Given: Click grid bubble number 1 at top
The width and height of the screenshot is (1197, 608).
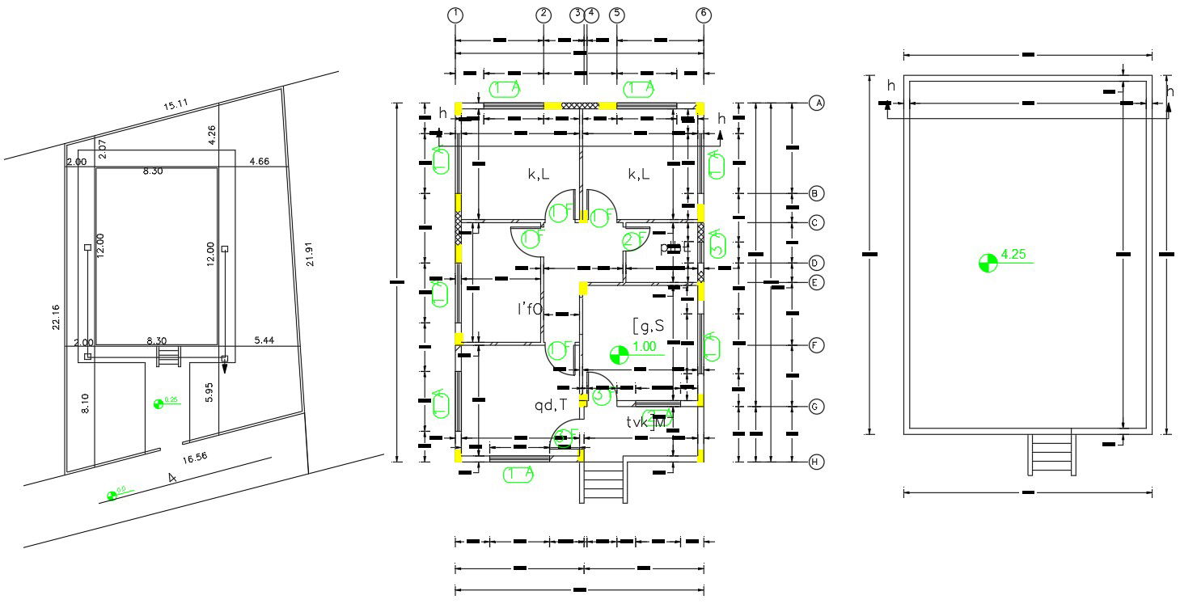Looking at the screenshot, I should [x=456, y=15].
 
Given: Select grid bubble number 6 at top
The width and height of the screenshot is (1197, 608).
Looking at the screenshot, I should [x=704, y=15].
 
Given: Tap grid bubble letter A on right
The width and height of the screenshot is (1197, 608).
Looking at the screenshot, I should [x=817, y=103].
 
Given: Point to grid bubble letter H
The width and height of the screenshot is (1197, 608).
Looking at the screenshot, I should [x=817, y=462].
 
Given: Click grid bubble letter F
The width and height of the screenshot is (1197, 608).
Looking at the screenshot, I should [x=817, y=345].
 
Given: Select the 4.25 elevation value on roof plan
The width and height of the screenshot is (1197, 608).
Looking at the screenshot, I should [x=1013, y=255].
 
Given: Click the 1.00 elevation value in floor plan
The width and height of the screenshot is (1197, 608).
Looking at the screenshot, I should [x=645, y=347].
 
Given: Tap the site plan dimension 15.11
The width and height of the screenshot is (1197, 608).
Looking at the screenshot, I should [x=176, y=104].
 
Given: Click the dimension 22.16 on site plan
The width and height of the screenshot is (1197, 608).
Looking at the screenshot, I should [x=54, y=318].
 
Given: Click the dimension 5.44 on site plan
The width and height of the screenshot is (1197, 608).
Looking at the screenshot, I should [x=264, y=341].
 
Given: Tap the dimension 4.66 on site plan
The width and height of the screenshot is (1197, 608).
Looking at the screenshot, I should [x=260, y=163].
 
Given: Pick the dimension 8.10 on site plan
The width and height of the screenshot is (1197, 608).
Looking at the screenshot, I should [x=86, y=402].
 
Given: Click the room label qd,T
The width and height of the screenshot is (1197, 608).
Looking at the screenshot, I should [x=550, y=405].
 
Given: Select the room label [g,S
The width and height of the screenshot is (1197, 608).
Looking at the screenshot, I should [x=648, y=326].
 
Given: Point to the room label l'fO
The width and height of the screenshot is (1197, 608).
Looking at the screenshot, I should [x=530, y=308].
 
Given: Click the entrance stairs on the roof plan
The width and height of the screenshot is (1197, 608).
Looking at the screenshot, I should [x=1051, y=455].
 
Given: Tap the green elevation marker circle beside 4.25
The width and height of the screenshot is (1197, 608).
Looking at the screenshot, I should [x=988, y=263].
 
